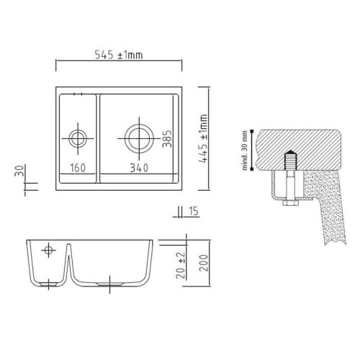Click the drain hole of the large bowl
138,135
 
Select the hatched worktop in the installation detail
302,143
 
